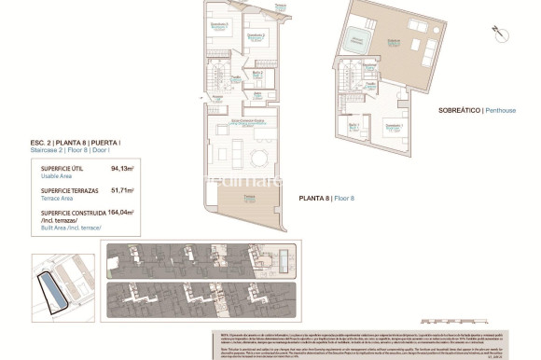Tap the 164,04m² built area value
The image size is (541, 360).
click(120, 212)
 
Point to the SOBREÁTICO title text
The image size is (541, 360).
click(459, 110)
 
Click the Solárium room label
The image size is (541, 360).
click(394, 42)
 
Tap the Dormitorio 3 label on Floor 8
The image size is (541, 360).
click(220, 25)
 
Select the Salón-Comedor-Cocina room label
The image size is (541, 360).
click(248, 122)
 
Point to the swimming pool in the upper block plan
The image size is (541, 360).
click(284, 256)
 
